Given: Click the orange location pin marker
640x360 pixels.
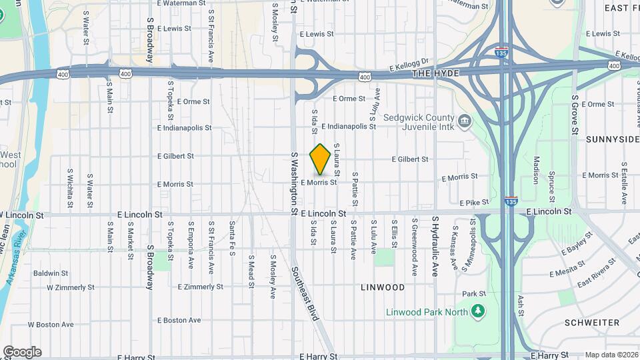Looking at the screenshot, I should tap(320, 159).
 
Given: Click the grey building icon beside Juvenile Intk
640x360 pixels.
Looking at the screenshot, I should tap(465, 121).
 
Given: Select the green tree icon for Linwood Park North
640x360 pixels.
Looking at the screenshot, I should tap(477, 311).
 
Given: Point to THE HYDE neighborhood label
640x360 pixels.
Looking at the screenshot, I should tap(436, 73).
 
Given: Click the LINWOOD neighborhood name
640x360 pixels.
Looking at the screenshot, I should tap(383, 287).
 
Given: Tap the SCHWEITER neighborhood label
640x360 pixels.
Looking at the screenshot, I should tap(591, 323).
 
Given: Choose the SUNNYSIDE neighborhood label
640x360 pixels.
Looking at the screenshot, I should tap(613, 139).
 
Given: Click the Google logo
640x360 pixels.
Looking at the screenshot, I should tap(22, 351).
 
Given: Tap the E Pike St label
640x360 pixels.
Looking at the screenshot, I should tap(474, 202).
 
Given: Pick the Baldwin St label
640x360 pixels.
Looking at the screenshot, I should tap(51, 273).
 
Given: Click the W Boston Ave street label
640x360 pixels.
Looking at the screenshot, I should tap(51, 325).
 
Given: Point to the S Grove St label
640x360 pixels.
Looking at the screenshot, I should tap(574, 115).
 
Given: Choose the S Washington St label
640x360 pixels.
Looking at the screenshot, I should tap(293, 183).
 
